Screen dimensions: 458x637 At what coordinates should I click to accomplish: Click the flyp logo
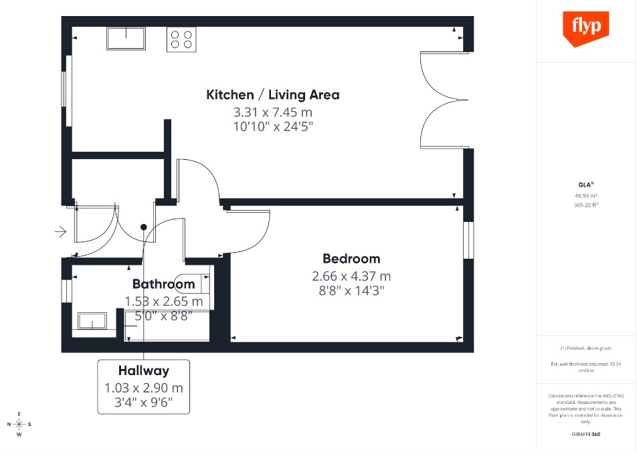click(585, 28)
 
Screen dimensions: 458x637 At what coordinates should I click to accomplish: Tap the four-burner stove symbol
click(182, 39)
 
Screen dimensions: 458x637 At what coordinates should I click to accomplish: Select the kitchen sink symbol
click(126, 38)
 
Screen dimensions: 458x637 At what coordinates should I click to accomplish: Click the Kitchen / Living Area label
click(272, 95)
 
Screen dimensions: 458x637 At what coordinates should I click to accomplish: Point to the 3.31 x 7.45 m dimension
click(272, 112)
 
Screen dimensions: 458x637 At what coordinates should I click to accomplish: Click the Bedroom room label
click(351, 259)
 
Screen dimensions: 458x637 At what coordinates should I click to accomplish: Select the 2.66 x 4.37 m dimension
click(351, 276)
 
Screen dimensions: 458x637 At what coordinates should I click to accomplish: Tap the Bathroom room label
click(163, 284)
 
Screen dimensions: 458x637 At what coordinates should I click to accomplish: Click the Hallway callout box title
click(144, 370)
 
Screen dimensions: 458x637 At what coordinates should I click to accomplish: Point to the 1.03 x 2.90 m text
click(144, 388)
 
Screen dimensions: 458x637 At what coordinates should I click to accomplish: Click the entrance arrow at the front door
click(60, 232)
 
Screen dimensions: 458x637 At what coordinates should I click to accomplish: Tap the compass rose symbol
click(19, 424)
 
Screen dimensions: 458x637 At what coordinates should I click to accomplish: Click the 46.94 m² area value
click(585, 196)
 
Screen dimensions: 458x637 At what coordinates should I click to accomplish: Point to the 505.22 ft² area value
click(585, 205)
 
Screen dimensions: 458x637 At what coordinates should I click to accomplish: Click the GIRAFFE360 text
click(585, 435)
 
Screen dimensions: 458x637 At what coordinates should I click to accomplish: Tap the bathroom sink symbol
click(92, 320)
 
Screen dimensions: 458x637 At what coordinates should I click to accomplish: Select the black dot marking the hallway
click(143, 227)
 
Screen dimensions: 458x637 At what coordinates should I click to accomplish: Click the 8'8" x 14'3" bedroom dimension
click(351, 291)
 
